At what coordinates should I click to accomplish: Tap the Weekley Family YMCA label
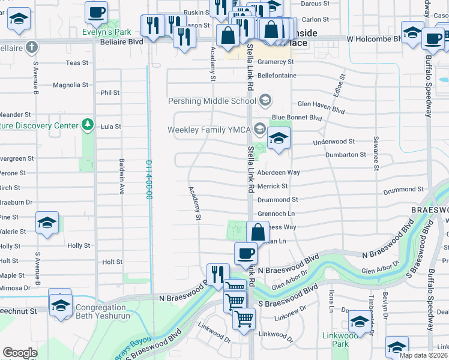(209, 130)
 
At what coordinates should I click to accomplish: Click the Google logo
(20, 353)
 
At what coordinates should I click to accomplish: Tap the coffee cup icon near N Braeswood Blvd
(245, 253)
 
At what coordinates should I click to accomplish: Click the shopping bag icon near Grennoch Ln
(258, 232)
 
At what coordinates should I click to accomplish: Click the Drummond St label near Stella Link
(277, 200)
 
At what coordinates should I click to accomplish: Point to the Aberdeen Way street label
(278, 172)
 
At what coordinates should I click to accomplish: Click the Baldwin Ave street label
(122, 176)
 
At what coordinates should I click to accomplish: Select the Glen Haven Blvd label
(321, 103)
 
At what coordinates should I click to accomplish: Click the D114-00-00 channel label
(148, 179)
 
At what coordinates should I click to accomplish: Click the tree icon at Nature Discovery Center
(88, 124)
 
